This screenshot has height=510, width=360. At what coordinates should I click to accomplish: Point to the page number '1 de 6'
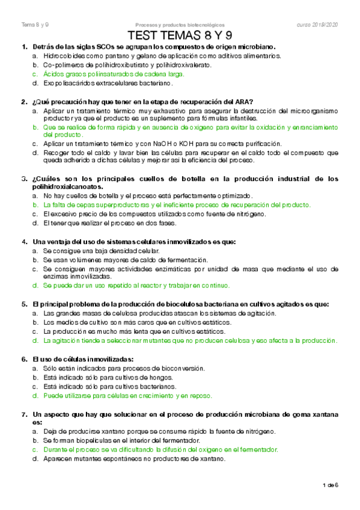(331, 485)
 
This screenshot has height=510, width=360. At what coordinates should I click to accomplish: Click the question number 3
(23, 179)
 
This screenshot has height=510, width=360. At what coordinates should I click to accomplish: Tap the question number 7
(23, 414)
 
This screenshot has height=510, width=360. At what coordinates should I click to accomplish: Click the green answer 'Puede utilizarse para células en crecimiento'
(127, 396)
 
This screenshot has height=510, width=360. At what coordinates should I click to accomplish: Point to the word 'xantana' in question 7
(325, 414)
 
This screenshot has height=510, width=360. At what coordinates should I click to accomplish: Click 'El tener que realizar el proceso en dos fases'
(110, 223)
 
